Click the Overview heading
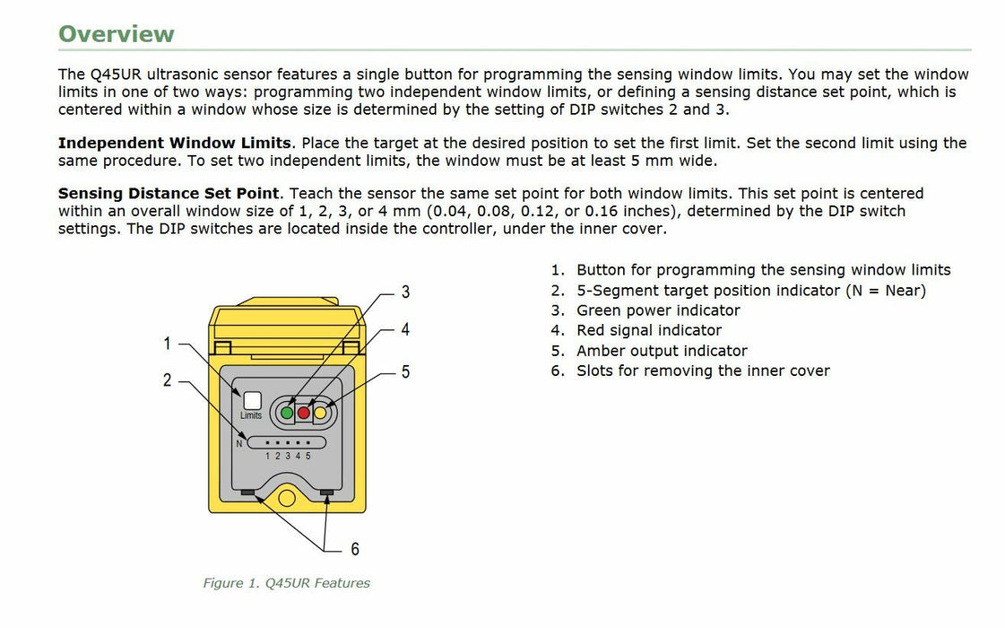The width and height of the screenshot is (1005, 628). pyautogui.click(x=116, y=34)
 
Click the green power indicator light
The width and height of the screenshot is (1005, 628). pyautogui.click(x=287, y=413)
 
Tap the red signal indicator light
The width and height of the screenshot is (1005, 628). pyautogui.click(x=303, y=413)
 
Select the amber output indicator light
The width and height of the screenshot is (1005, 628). pyautogui.click(x=320, y=413)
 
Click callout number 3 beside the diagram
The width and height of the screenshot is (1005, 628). pyautogui.click(x=405, y=292)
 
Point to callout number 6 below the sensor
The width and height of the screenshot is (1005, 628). pyautogui.click(x=355, y=549)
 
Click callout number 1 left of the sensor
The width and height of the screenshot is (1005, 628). pyautogui.click(x=167, y=343)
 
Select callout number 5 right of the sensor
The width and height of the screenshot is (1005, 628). pyautogui.click(x=405, y=371)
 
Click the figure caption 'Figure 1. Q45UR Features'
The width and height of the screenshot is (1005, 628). pyautogui.click(x=286, y=583)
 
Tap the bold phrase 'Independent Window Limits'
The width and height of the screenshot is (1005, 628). pyautogui.click(x=174, y=144)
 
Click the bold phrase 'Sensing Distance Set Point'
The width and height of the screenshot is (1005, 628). pyautogui.click(x=169, y=194)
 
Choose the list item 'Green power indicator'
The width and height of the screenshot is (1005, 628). pyautogui.click(x=658, y=310)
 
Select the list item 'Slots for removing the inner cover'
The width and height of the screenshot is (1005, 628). pyautogui.click(x=703, y=371)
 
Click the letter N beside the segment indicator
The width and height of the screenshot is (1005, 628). pyautogui.click(x=239, y=443)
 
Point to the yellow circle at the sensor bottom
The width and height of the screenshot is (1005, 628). pyautogui.click(x=286, y=496)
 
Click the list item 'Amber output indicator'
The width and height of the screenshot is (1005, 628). pyautogui.click(x=662, y=351)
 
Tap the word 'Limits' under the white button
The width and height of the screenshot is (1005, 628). pyautogui.click(x=251, y=416)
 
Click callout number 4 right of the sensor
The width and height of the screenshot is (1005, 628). pyautogui.click(x=405, y=330)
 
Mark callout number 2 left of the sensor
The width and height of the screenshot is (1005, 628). pyautogui.click(x=167, y=380)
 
